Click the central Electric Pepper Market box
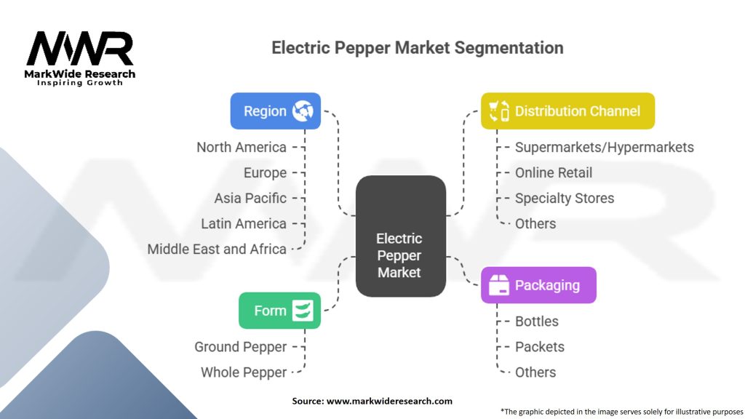coord(399,236)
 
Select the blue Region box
coord(275,111)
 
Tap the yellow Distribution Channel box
coord(567,111)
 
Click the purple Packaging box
coord(538,285)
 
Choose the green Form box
coord(279,311)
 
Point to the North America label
coord(242,147)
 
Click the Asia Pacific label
coord(250,198)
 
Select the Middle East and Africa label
coord(217,249)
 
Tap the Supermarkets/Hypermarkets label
coord(604,147)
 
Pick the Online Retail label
coord(553,172)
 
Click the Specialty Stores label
coord(564,198)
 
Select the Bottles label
coord(536,322)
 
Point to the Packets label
coord(539,347)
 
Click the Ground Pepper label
coord(240,347)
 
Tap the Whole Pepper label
coord(244,372)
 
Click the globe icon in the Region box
coord(302,111)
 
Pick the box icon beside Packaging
coord(499,285)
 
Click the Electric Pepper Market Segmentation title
coord(417,48)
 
